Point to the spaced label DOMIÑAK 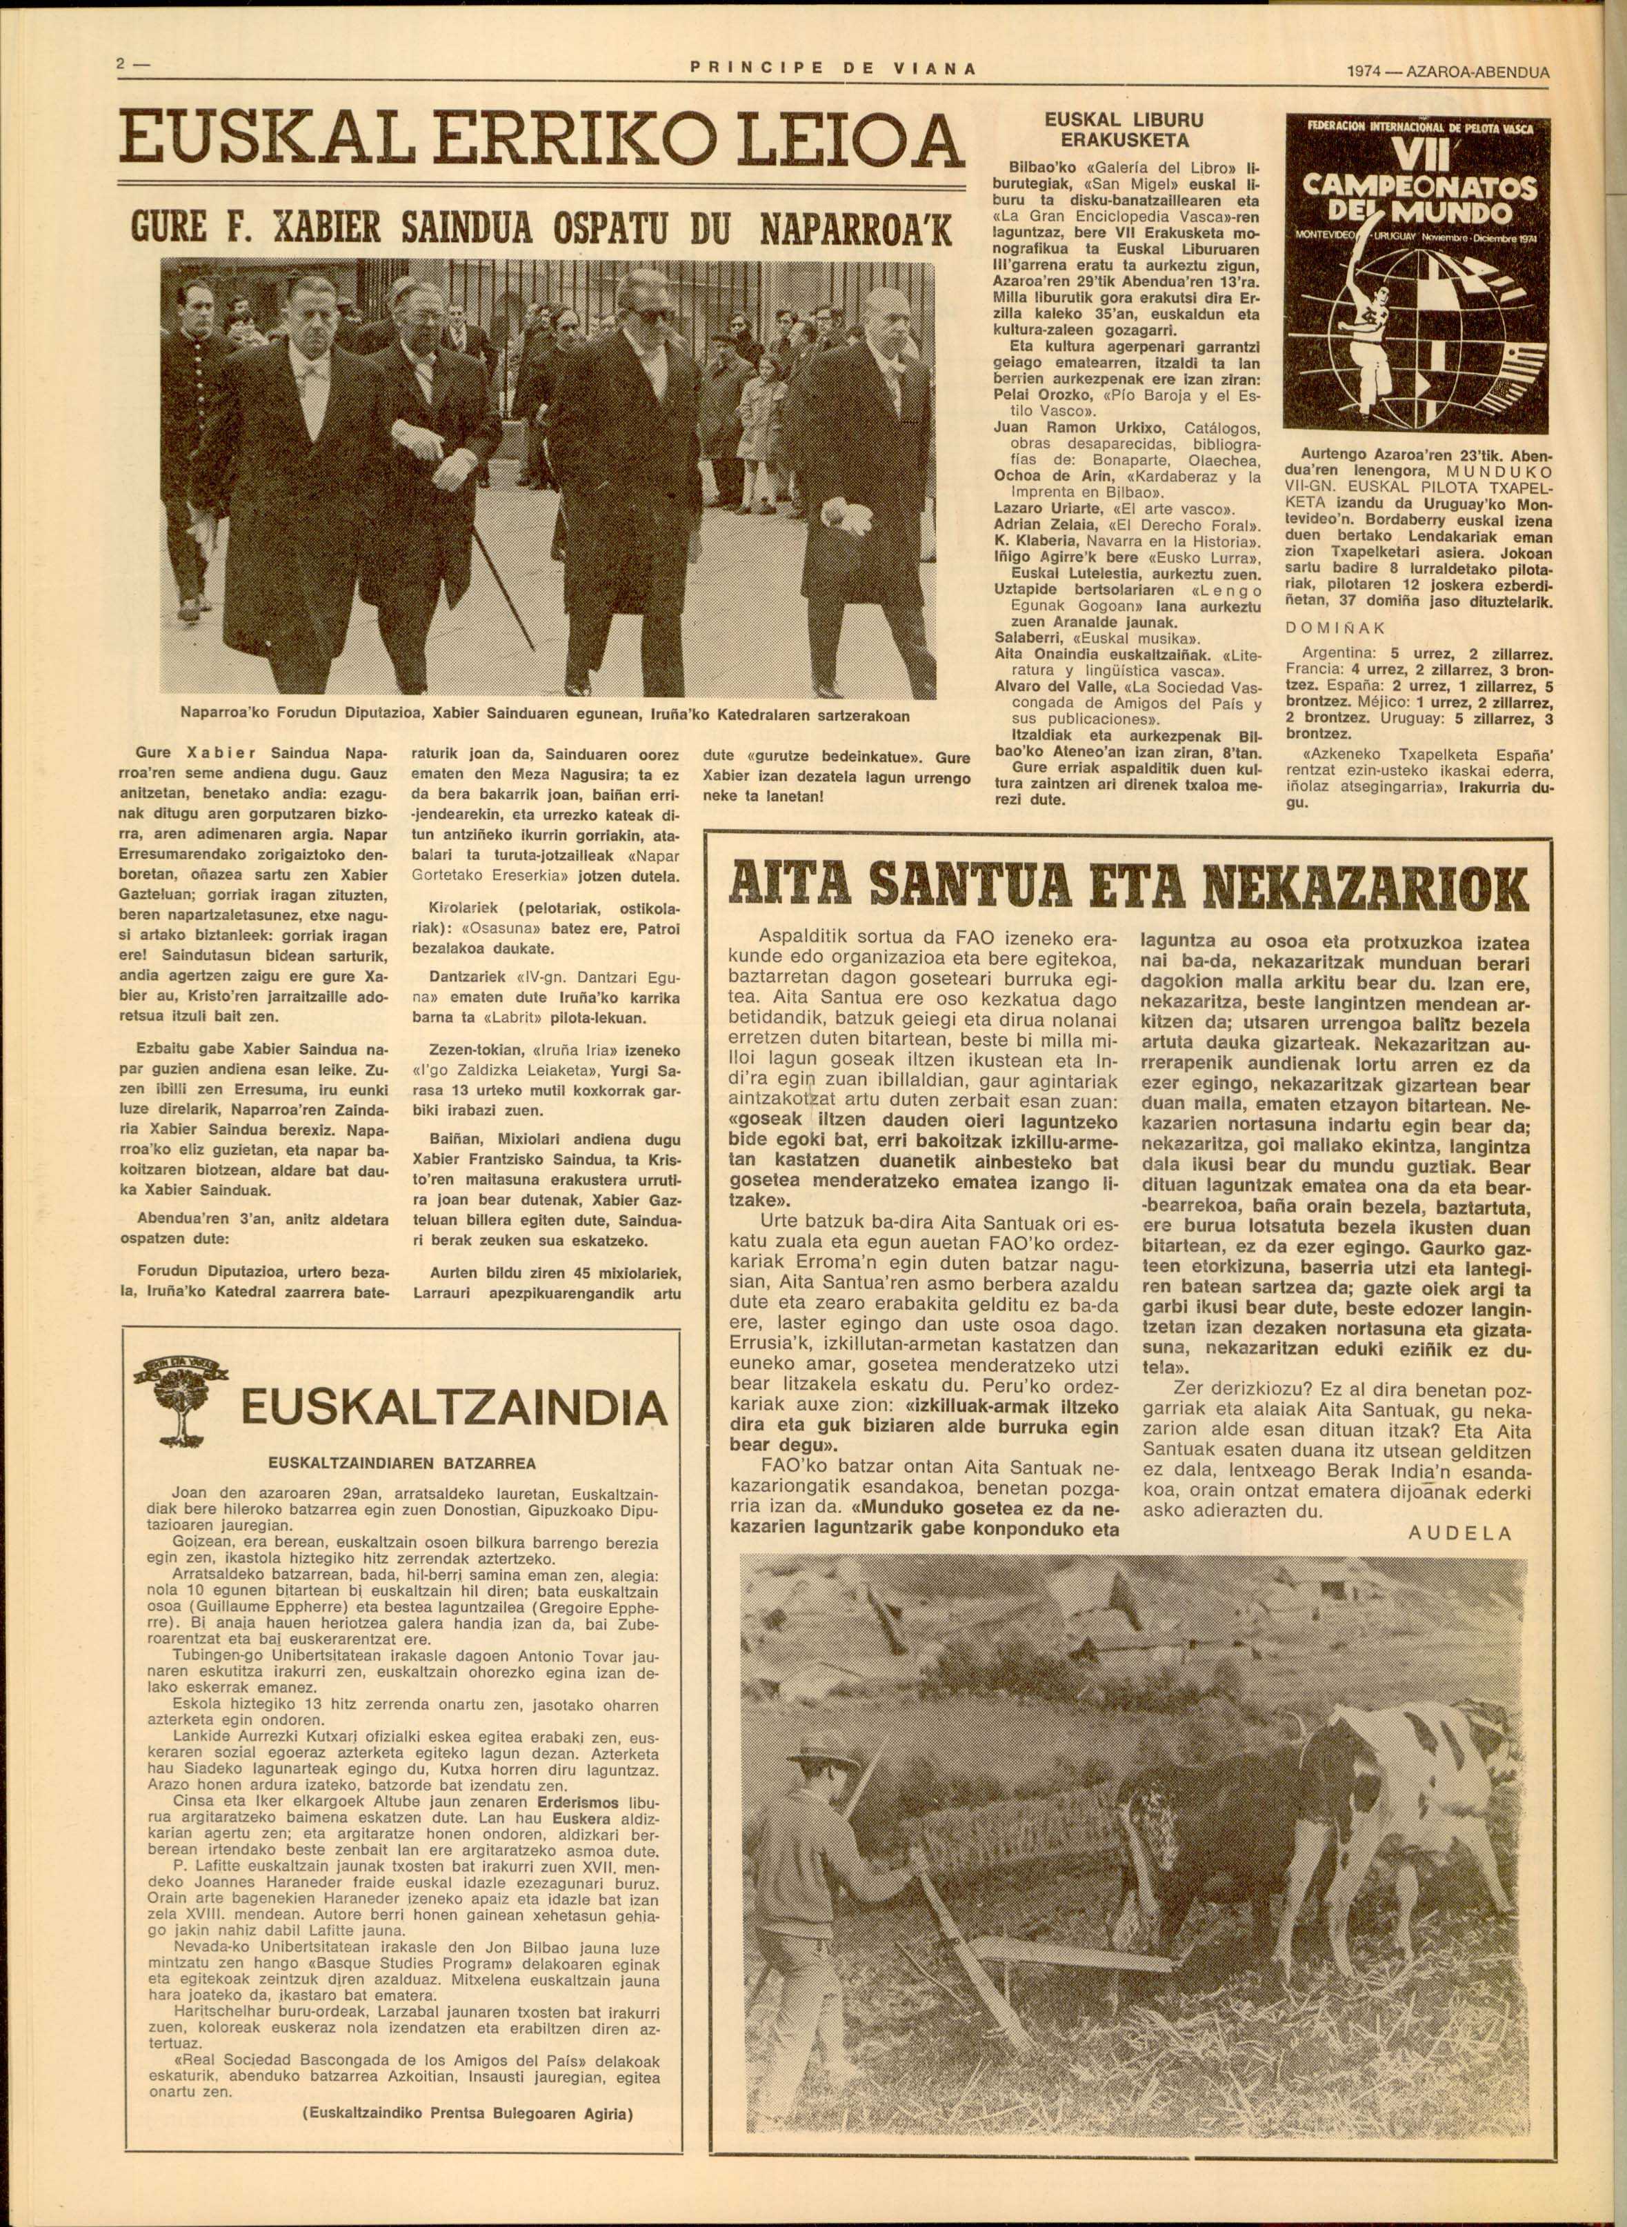[1335, 628]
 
